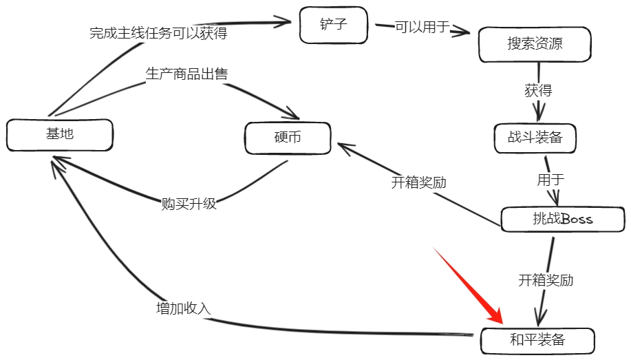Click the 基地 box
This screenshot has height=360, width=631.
(59, 134)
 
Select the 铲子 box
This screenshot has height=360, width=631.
(334, 25)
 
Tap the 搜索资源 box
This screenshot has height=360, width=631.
(535, 45)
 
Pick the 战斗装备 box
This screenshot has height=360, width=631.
(535, 138)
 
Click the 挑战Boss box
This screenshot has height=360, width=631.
(562, 220)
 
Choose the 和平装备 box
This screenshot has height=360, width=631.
(537, 340)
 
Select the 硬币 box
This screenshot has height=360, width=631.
(288, 138)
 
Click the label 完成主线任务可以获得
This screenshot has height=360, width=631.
(158, 33)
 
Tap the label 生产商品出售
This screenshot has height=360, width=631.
(186, 74)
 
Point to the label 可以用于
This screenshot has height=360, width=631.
(422, 27)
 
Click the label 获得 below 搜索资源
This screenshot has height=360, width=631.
(538, 90)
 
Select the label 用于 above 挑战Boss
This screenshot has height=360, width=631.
(550, 179)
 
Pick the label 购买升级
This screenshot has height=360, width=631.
(189, 204)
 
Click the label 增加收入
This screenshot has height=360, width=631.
(183, 308)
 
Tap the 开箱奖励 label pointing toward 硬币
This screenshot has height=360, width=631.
(419, 182)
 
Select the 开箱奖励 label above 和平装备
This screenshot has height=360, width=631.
(546, 280)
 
